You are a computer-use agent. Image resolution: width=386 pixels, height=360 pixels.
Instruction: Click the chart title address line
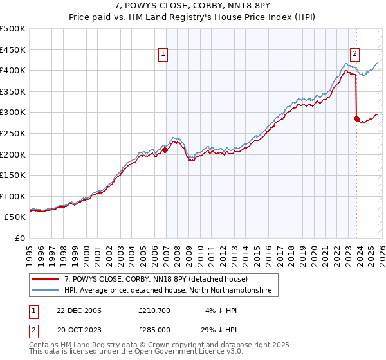pyautogui.click(x=192, y=6)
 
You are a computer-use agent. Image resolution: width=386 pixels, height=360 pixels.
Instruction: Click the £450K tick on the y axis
pyautogui.click(x=13, y=50)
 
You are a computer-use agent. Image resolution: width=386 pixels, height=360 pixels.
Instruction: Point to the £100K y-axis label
pyautogui.click(x=13, y=196)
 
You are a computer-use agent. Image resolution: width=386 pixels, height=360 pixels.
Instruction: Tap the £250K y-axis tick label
pyautogui.click(x=13, y=133)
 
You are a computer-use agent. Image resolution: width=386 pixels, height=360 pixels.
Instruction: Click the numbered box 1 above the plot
pyautogui.click(x=164, y=55)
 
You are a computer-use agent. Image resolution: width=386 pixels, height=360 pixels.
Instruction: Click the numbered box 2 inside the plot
pyautogui.click(x=355, y=55)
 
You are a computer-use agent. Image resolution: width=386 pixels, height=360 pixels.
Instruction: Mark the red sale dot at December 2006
pyautogui.click(x=165, y=150)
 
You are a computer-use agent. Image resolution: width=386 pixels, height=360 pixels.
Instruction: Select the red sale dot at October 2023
pyautogui.click(x=356, y=118)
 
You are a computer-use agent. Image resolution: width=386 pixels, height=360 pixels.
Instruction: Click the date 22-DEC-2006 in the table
pyautogui.click(x=79, y=310)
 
